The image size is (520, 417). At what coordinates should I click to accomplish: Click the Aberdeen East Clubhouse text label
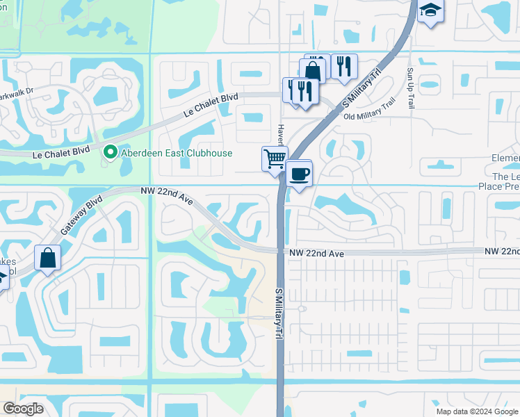[177, 153]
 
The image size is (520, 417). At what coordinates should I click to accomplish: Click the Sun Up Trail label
[411, 88]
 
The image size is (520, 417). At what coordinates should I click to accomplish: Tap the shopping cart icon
[275, 158]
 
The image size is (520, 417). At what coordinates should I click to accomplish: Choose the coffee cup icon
[299, 174]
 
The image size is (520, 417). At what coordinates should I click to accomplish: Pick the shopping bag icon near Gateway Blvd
[47, 259]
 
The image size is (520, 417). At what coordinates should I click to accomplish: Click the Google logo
[24, 409]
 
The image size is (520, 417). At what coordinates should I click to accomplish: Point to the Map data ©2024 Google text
[476, 411]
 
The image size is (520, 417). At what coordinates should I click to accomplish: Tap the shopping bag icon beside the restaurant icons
[313, 70]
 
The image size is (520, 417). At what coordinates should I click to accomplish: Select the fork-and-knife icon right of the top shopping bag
[343, 67]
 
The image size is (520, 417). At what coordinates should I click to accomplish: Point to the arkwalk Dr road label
[17, 91]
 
